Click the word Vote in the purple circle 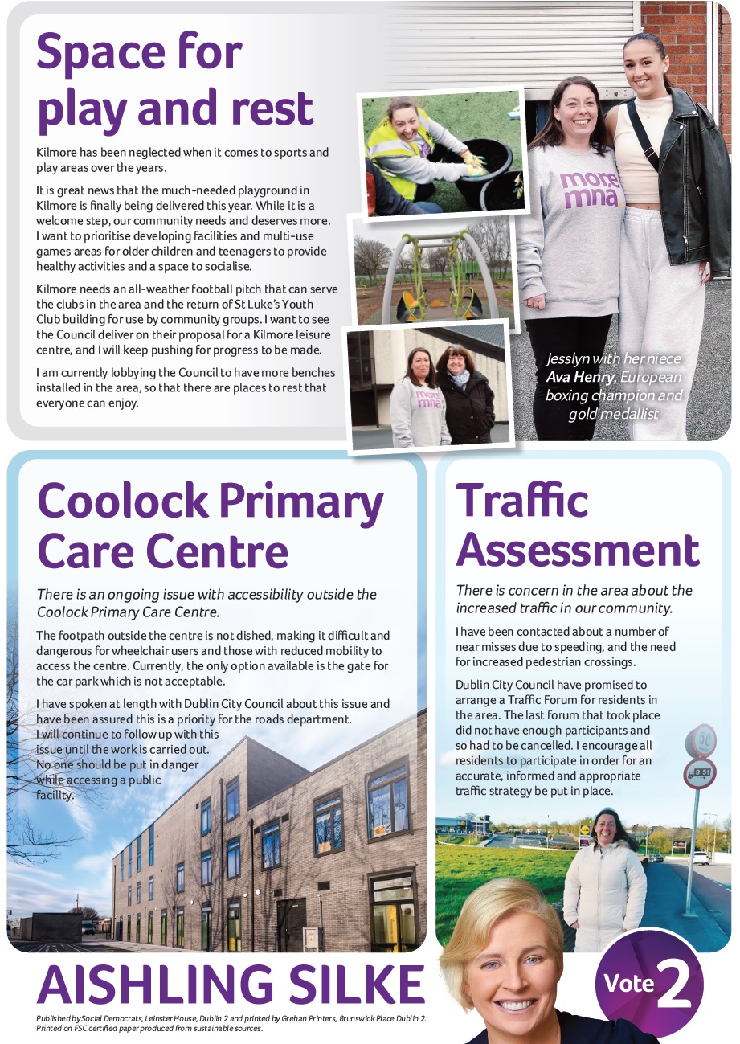coord(629,982)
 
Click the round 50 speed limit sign coord(701,740)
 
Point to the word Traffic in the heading coord(522,500)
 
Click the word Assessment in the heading coord(578,550)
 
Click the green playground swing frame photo coord(434,269)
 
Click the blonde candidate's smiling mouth coord(516,1005)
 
